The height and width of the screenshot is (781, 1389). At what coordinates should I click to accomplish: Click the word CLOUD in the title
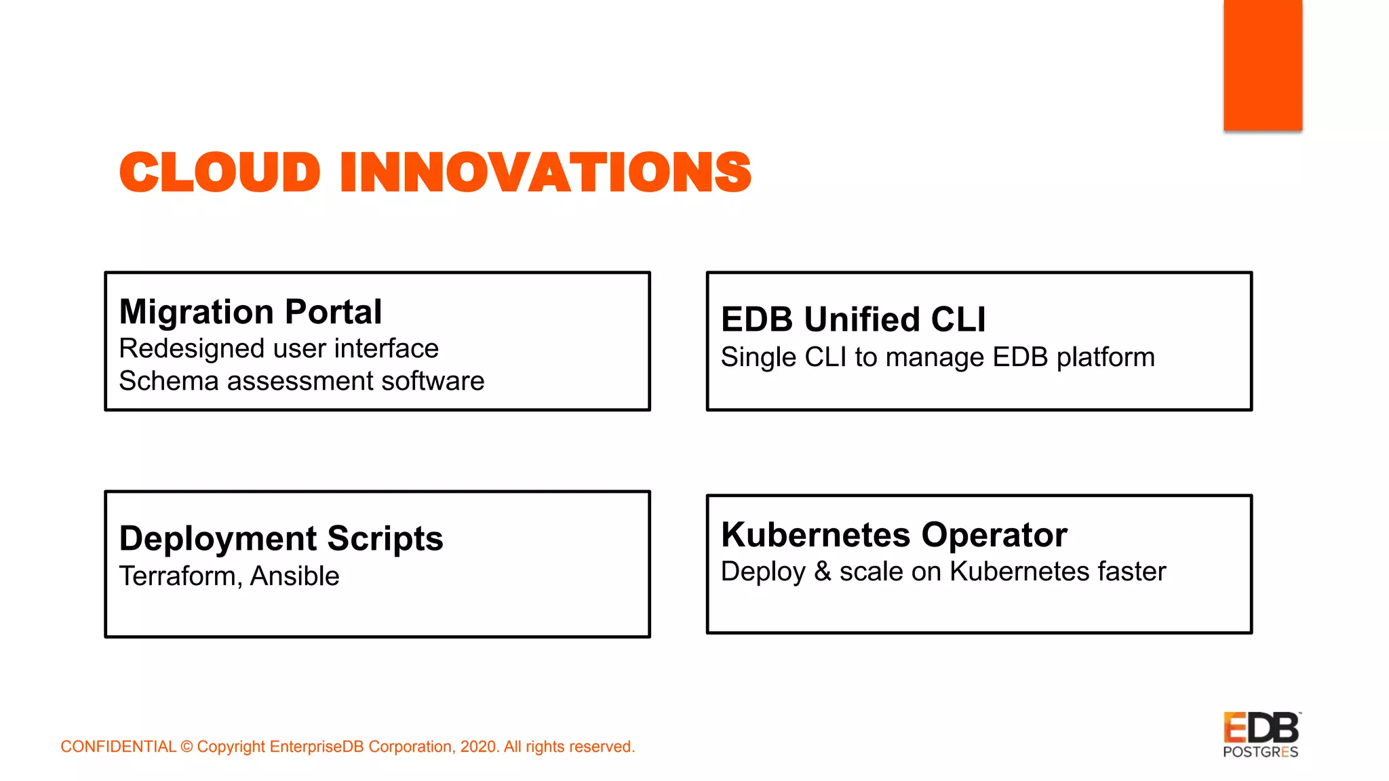(219, 172)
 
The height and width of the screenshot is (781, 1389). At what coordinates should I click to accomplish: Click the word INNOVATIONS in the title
(545, 172)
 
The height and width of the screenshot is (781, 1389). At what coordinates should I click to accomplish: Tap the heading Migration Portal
(250, 312)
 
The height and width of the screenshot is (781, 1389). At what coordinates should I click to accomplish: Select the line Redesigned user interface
(279, 348)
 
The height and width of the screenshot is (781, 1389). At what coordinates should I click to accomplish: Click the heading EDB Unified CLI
(853, 319)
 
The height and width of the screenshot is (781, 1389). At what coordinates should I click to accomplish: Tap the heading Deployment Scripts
(281, 538)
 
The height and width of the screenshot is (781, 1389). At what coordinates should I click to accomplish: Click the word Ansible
(294, 576)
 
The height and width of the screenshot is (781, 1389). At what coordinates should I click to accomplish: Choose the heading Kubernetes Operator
(894, 535)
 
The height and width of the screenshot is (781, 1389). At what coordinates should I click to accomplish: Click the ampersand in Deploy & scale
(822, 572)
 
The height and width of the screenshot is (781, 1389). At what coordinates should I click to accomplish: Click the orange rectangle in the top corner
(1262, 64)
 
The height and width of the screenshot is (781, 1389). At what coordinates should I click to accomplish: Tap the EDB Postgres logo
(1261, 735)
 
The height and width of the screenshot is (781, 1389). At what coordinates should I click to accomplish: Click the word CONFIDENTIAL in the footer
(118, 746)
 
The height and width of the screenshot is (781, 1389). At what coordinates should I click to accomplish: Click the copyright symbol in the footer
(187, 747)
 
